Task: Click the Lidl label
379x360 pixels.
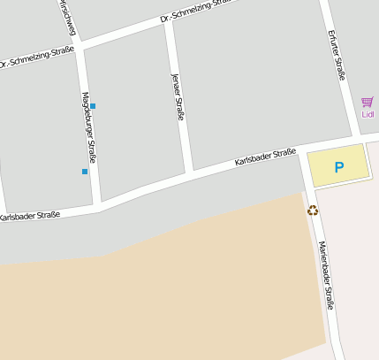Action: (x=368, y=114)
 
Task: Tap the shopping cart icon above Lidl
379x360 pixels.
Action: (x=368, y=102)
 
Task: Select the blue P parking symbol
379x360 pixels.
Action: (x=337, y=166)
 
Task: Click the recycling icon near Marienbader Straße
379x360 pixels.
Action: (x=312, y=211)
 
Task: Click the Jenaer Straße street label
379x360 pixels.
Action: (x=177, y=98)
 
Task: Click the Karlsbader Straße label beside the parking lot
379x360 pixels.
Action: (x=265, y=158)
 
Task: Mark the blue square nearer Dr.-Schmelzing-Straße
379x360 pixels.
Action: (x=93, y=106)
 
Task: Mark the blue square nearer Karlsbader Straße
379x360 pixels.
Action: (x=85, y=171)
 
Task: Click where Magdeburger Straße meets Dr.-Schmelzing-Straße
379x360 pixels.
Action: (x=80, y=46)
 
